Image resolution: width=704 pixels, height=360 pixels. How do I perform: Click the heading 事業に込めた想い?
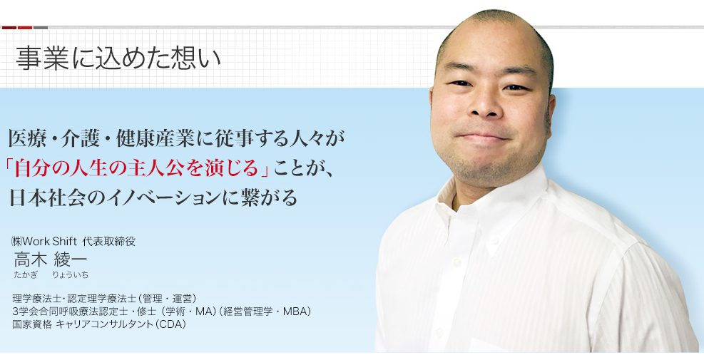(x=118, y=58)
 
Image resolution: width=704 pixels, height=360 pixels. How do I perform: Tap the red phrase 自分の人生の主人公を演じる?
(x=136, y=168)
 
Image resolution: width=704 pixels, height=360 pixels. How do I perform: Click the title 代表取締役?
(x=108, y=242)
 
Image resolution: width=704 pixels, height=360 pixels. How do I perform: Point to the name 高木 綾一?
(x=50, y=259)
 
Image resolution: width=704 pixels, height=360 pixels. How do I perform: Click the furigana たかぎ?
(x=26, y=274)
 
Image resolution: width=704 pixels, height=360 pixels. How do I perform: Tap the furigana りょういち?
(x=70, y=274)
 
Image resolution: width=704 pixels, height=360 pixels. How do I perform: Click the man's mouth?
(x=484, y=136)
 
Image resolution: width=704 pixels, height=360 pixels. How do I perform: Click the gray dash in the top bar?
(x=41, y=28)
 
